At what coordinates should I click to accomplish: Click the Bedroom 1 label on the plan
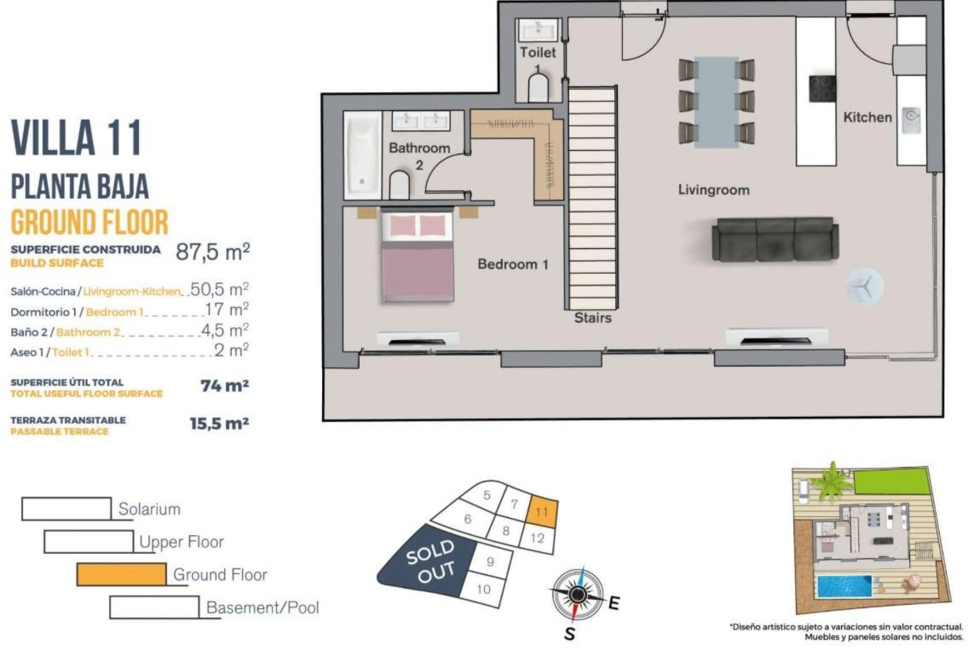click(512, 264)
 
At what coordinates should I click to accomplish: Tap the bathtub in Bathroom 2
click(362, 155)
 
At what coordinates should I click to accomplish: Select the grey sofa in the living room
click(775, 240)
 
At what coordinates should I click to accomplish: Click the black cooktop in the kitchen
click(822, 89)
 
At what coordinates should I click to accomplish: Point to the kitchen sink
click(911, 120)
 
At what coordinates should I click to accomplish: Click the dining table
click(716, 102)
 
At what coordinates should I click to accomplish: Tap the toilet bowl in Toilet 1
click(538, 88)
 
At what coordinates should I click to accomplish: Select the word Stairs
click(593, 318)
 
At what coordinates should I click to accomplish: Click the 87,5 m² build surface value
click(213, 251)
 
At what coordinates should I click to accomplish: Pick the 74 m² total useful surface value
click(224, 386)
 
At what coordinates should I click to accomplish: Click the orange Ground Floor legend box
click(121, 574)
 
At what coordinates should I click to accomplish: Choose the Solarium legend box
click(66, 509)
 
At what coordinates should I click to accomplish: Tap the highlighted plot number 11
click(542, 512)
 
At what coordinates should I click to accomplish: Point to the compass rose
click(577, 594)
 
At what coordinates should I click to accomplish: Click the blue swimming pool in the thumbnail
click(844, 586)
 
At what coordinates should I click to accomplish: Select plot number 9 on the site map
click(490, 562)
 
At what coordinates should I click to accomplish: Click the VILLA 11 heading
click(77, 138)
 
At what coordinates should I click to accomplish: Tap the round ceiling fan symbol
click(864, 286)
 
